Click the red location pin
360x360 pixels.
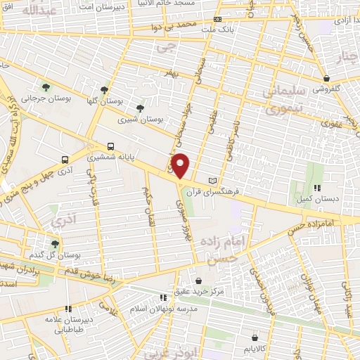click(181, 165)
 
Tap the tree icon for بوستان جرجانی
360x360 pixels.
click(46, 87)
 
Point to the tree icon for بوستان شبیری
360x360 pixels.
click(140, 108)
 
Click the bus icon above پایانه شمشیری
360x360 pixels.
click(110, 146)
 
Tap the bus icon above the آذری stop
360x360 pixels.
click(65, 160)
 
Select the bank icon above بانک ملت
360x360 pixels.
click(217, 19)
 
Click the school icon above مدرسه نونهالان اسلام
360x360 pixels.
click(163, 297)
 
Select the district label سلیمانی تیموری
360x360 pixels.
click(285, 101)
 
